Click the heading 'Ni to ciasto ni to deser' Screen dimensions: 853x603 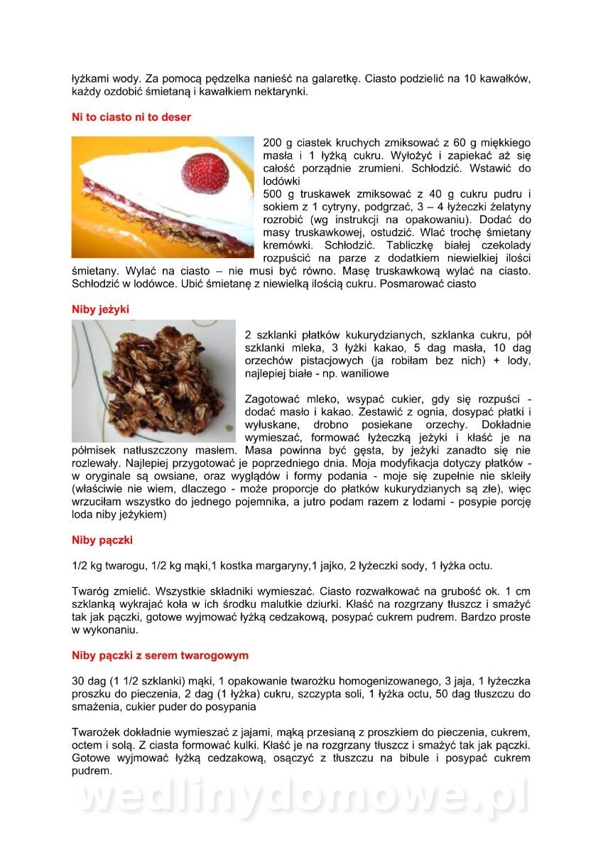click(x=131, y=117)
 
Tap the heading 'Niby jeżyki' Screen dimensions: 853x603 click(x=100, y=309)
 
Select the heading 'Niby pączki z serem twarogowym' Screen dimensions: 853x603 click(x=160, y=655)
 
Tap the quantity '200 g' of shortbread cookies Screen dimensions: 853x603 click(x=278, y=143)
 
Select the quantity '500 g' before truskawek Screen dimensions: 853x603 click(x=278, y=194)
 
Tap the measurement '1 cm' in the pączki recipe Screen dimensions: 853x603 click(x=519, y=591)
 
